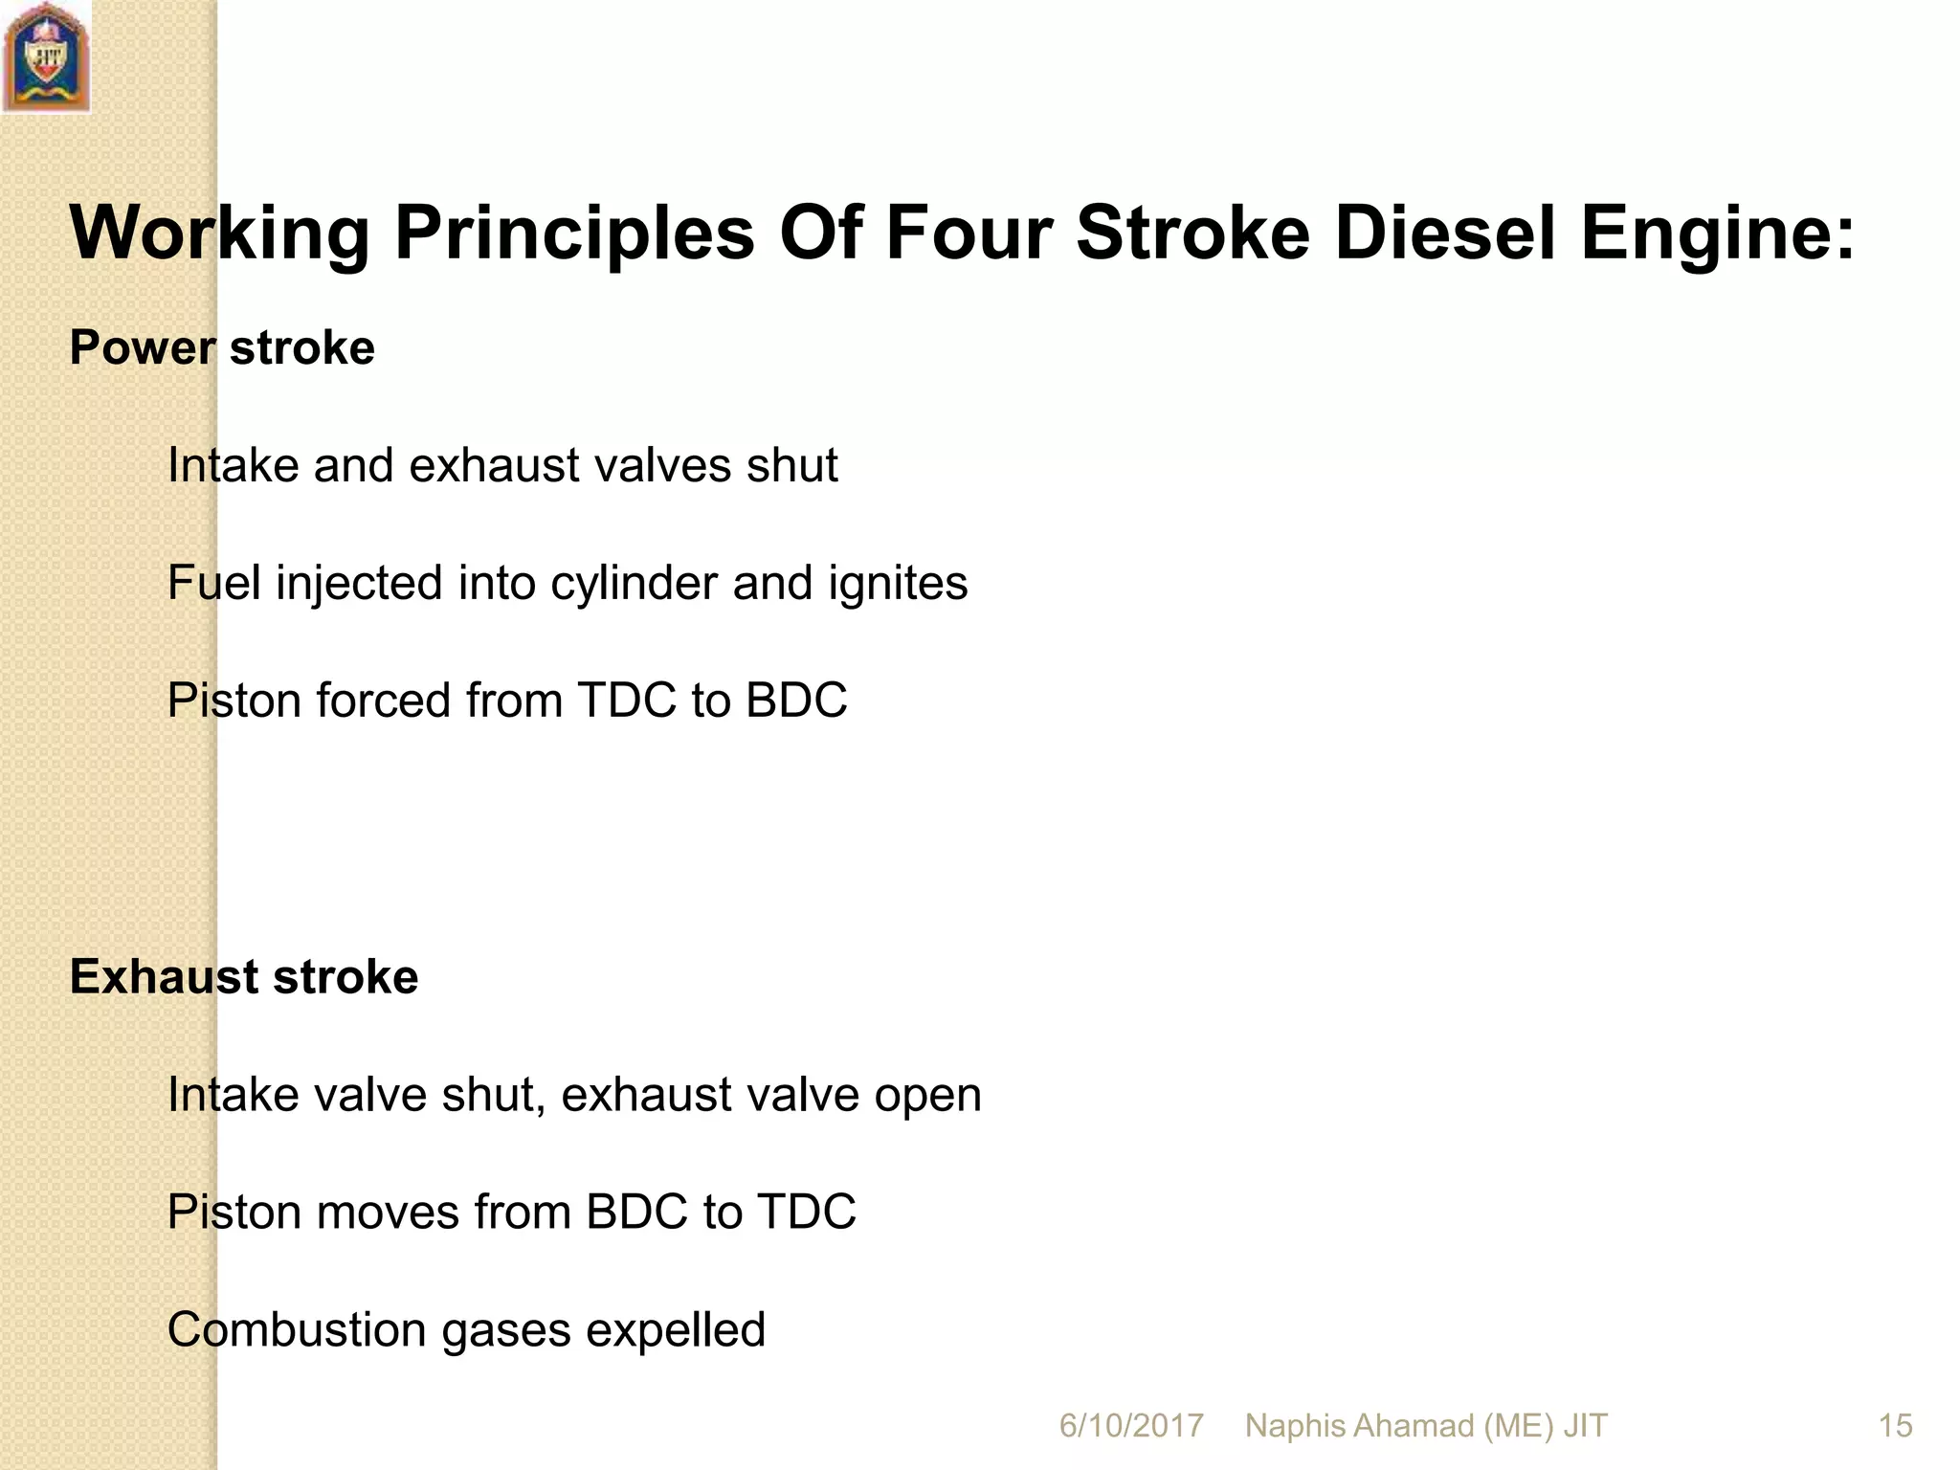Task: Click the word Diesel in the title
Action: click(x=1444, y=233)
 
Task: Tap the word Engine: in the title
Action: click(x=1718, y=234)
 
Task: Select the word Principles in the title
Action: click(x=574, y=234)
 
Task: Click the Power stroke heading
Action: click(x=222, y=347)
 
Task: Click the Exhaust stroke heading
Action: click(x=244, y=977)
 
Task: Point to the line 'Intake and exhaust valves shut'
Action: click(x=502, y=466)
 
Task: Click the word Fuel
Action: click(x=213, y=583)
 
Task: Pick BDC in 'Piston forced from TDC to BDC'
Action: click(x=796, y=701)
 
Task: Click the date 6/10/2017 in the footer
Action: click(x=1130, y=1426)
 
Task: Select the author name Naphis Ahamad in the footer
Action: click(x=1360, y=1426)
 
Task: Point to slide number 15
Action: click(x=1895, y=1426)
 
